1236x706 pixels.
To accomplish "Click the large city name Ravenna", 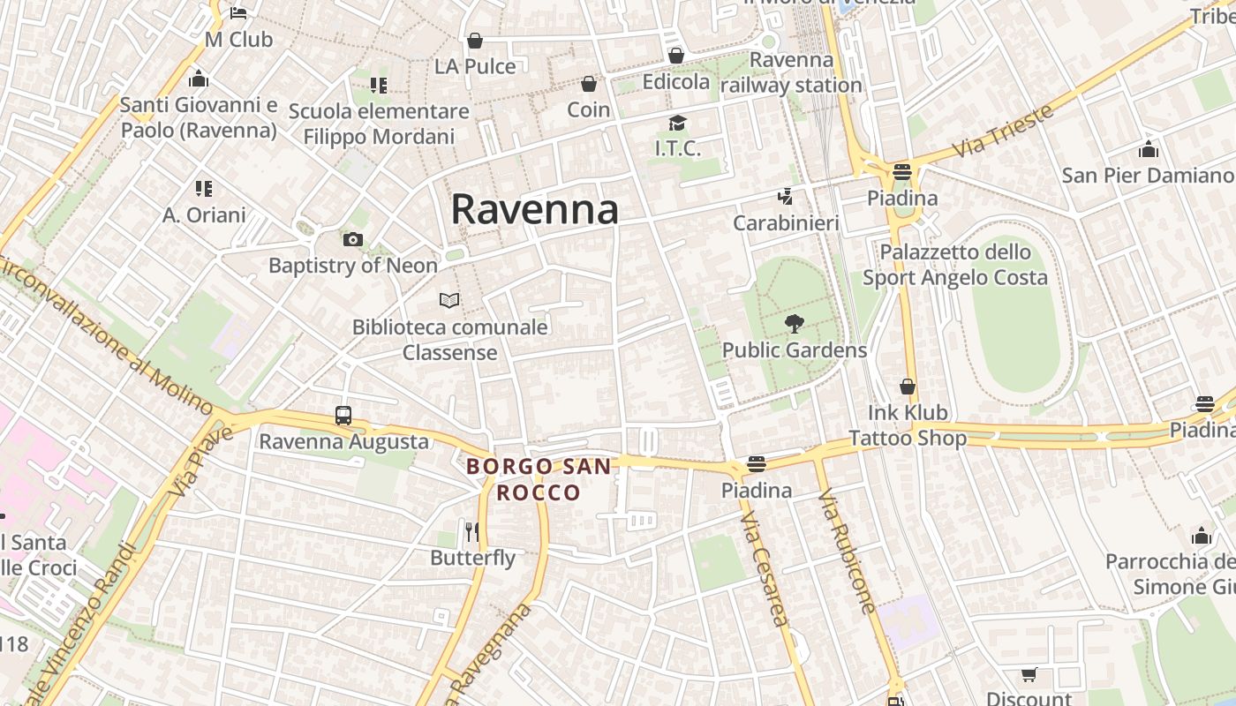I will point(534,210).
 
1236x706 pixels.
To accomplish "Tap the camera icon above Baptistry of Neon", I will point(352,239).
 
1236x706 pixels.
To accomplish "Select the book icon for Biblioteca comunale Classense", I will point(449,300).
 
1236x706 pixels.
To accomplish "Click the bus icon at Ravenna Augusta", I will point(343,415).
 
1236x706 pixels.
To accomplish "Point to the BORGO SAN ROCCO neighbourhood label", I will point(539,479).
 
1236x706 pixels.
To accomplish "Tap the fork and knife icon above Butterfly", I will point(472,531).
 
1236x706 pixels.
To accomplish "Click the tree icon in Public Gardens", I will point(795,324).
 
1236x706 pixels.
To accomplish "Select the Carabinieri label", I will point(786,223).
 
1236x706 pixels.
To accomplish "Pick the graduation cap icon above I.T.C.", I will point(677,123).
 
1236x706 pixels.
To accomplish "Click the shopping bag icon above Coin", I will point(589,84).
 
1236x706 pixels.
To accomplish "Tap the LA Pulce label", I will point(475,66).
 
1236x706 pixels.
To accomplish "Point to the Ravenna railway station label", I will point(791,72).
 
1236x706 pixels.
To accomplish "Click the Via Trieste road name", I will point(1004,132).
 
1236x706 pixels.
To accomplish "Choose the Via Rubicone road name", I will point(847,552).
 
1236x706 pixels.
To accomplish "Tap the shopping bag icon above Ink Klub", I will point(908,387).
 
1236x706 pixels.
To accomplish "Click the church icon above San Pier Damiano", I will point(1149,149).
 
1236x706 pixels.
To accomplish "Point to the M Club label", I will point(238,40).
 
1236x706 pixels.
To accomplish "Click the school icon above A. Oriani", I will point(204,188).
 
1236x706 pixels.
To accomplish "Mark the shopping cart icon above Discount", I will point(1029,675).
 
